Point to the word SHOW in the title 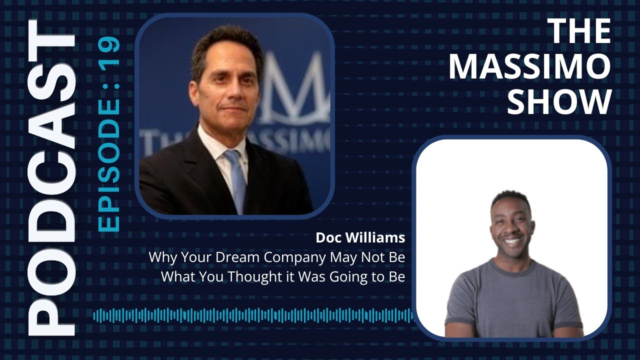tap(562, 101)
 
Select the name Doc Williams tap(360, 238)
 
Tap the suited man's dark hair tap(225, 42)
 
